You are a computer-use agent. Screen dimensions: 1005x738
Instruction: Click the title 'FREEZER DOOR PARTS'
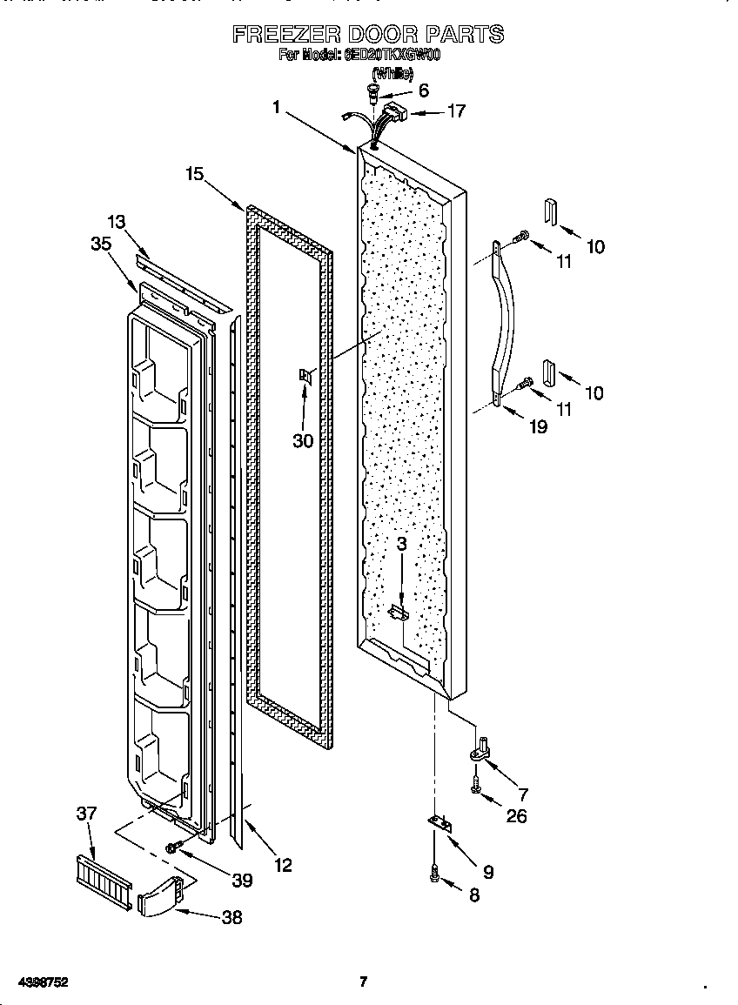click(367, 35)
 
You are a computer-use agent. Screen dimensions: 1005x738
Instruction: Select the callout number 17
click(455, 111)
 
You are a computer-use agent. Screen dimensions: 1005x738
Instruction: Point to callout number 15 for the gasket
click(194, 175)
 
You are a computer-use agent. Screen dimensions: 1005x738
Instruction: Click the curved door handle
click(504, 322)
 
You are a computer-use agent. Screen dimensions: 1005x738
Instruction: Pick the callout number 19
click(539, 426)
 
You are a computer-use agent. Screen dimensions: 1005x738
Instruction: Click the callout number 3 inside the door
click(401, 544)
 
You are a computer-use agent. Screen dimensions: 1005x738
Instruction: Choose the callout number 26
click(516, 816)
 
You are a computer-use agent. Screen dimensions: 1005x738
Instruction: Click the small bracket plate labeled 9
click(440, 823)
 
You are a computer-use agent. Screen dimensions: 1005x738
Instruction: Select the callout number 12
click(282, 865)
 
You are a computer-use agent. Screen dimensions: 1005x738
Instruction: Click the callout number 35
click(101, 244)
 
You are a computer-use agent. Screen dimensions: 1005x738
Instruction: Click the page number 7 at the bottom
click(364, 982)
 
